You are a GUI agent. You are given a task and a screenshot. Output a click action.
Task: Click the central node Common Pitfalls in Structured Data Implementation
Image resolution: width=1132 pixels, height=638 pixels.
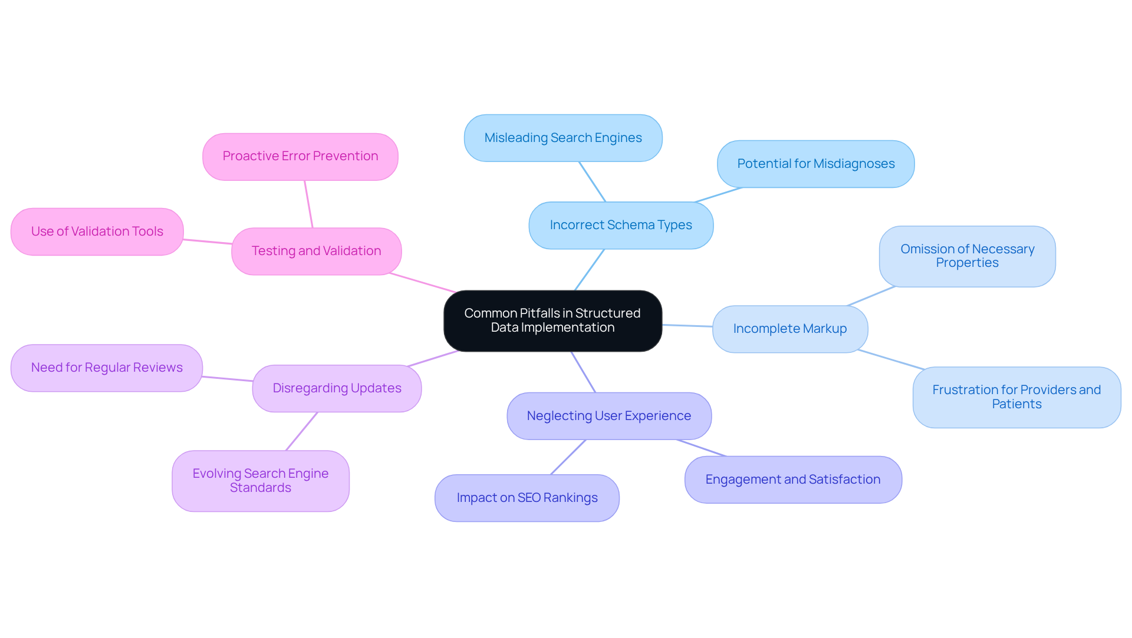click(552, 320)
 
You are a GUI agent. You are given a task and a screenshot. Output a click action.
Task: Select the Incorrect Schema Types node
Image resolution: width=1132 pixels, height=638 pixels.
click(621, 225)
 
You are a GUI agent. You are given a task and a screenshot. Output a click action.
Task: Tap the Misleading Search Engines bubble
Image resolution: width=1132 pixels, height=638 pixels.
click(563, 138)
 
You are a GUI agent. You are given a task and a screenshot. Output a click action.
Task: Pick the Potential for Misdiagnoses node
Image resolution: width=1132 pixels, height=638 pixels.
click(815, 164)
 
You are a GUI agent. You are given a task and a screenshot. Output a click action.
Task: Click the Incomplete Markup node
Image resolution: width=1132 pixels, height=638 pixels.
click(789, 329)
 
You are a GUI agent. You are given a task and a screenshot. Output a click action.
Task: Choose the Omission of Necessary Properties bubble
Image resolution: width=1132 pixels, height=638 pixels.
click(967, 256)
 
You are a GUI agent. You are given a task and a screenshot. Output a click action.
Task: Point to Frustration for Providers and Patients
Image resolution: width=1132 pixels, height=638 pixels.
click(1016, 397)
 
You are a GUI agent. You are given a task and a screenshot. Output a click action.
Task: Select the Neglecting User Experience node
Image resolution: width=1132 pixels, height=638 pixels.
click(608, 416)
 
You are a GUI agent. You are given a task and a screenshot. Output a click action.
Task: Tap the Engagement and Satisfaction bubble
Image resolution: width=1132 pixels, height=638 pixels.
click(792, 480)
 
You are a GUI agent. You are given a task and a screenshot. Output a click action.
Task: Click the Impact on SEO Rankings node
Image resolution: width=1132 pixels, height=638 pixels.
click(526, 498)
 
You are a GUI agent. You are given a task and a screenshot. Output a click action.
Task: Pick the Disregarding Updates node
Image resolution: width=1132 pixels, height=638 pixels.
click(337, 388)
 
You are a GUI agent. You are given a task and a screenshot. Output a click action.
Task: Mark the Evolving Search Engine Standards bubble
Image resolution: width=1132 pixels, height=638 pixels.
click(260, 481)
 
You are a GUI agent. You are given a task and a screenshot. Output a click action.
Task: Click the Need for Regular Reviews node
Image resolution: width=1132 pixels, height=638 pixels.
click(107, 368)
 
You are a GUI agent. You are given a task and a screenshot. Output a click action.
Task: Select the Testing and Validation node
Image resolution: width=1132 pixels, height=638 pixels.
click(316, 251)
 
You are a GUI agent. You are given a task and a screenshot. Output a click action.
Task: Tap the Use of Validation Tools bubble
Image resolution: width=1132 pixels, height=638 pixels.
click(97, 232)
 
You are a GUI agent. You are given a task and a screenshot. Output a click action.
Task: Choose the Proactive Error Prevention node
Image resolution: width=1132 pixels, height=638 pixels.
click(300, 156)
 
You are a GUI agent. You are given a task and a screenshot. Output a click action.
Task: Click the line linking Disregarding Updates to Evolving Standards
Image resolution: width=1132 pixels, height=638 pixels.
click(302, 431)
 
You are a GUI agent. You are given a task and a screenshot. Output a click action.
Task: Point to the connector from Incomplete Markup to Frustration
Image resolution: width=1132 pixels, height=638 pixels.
click(891, 359)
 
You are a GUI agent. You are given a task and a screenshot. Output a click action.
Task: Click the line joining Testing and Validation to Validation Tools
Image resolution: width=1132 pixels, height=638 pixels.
click(208, 242)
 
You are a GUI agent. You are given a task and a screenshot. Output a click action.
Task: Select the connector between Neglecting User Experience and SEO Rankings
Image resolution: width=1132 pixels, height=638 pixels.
click(568, 457)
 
